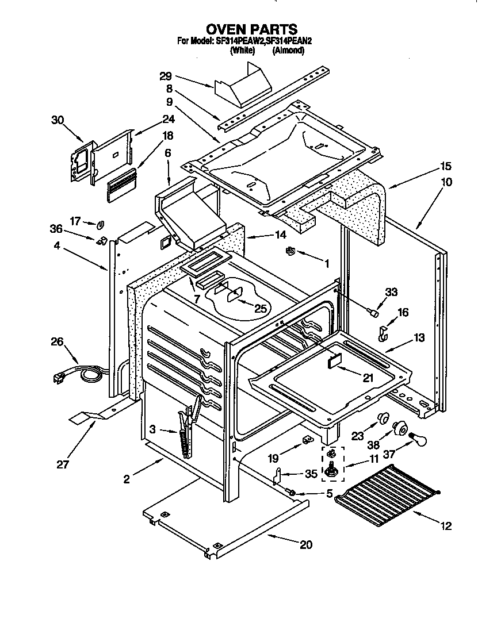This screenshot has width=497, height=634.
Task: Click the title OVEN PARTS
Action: (x=251, y=29)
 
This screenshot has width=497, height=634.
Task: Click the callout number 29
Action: (x=166, y=76)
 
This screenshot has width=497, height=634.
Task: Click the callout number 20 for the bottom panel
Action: (x=306, y=544)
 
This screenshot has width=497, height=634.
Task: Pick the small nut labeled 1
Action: (x=290, y=251)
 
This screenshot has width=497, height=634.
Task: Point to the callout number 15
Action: (x=446, y=166)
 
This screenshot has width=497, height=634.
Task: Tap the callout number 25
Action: (x=261, y=309)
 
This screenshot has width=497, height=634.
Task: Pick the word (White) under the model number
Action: (x=242, y=51)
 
